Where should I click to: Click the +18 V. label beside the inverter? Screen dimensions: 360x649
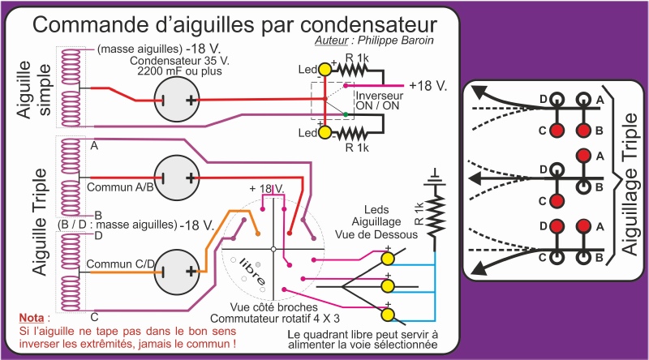tap(428, 85)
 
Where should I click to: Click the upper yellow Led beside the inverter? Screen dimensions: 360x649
tap(324, 70)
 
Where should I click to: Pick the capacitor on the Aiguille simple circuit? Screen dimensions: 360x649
tap(178, 101)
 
